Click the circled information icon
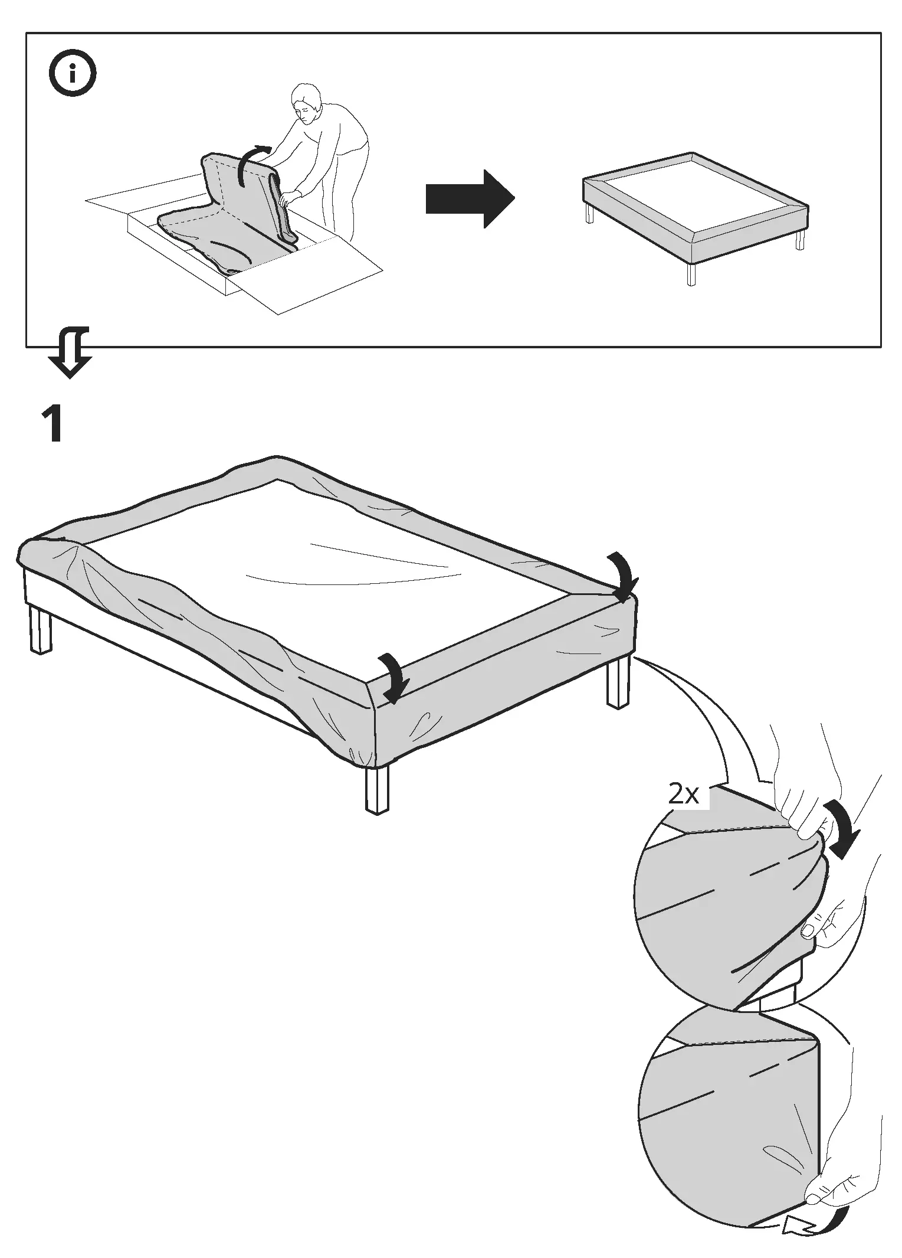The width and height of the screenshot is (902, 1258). tap(73, 74)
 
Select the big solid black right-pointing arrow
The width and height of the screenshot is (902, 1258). tap(470, 198)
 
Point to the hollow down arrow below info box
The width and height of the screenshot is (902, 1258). tap(71, 352)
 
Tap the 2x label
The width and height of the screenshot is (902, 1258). tap(683, 795)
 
